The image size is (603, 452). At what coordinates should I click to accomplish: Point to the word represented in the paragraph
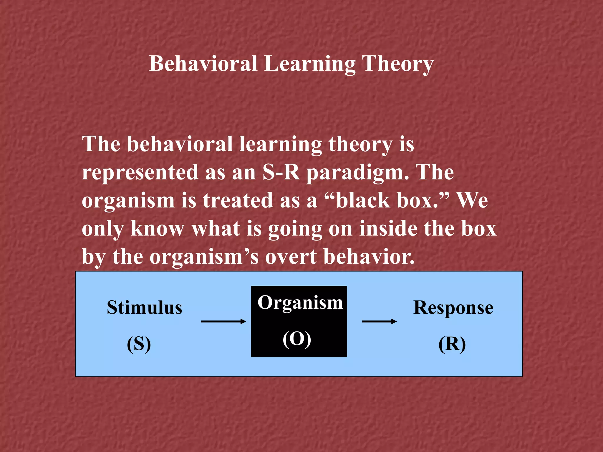coord(140,173)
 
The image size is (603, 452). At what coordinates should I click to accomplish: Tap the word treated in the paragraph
coord(238,200)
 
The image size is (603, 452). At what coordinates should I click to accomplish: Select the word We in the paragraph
coord(472,200)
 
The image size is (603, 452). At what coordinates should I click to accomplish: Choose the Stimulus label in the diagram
coord(145,308)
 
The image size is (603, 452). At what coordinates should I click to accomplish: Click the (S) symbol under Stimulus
coord(139,344)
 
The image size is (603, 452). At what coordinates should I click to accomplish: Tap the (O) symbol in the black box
coord(297,339)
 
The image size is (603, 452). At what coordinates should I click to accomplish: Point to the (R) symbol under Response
coord(452,344)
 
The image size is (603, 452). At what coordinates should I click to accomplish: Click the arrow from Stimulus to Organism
coord(223,321)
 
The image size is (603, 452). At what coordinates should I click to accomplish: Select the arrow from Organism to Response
coord(379,321)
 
